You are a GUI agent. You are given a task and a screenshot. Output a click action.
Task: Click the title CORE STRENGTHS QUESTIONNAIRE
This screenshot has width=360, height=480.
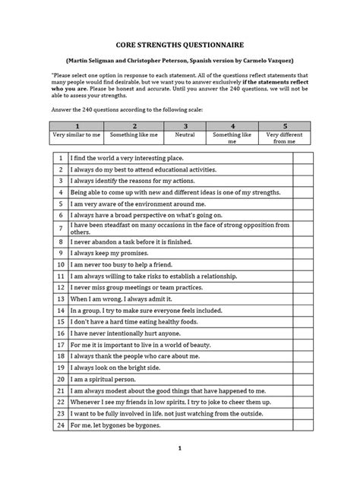click(x=180, y=46)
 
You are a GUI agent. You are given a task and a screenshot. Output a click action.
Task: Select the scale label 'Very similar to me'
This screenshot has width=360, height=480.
click(x=76, y=135)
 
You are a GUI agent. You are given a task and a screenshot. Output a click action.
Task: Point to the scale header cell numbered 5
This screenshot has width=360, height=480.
click(x=283, y=127)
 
